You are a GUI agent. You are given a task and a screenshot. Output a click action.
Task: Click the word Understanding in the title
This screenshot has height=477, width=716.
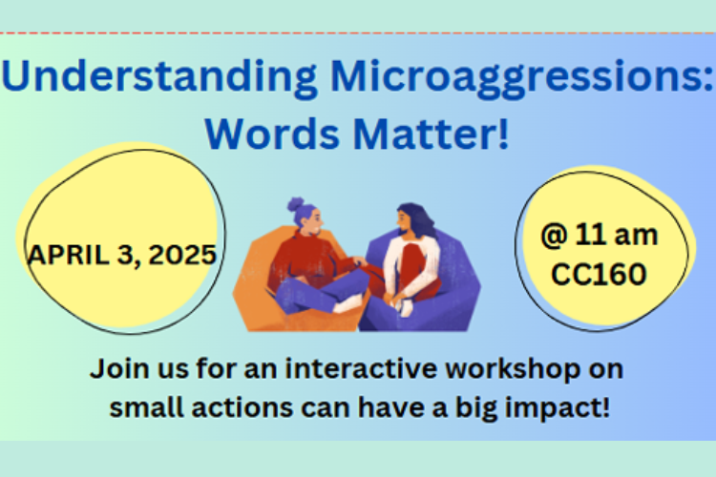158,77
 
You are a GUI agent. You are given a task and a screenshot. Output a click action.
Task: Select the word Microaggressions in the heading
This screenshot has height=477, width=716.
521,77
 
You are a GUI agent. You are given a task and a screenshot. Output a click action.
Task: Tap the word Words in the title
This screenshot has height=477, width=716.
273,134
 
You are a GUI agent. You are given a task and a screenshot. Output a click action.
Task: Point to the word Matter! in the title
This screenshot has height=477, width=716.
432,134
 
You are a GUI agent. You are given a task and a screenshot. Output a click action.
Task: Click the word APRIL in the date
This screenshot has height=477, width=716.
68,255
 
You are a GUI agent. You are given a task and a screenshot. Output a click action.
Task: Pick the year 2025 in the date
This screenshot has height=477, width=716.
182,255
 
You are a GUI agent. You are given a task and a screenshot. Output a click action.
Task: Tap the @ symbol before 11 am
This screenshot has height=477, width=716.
554,235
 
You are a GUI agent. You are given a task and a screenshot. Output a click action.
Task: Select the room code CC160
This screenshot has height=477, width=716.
599,274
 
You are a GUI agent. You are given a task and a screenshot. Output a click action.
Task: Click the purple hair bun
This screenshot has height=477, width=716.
296,204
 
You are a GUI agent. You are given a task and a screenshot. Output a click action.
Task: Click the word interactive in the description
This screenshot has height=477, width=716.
362,368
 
